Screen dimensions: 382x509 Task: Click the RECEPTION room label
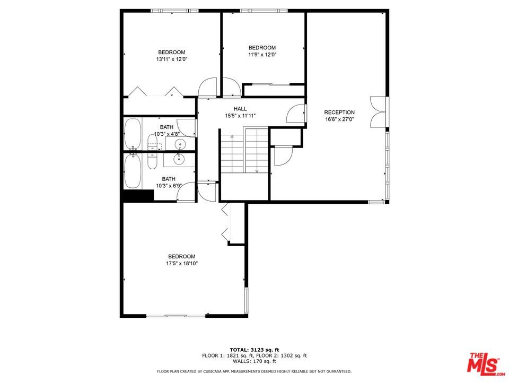coord(339,112)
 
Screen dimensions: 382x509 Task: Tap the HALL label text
coord(240,109)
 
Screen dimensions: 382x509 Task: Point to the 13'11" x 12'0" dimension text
coord(172,59)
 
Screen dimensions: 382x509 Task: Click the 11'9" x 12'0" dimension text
coord(262,55)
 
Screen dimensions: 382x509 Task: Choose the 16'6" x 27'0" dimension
coord(339,119)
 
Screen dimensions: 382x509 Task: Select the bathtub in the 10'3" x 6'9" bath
coord(133,171)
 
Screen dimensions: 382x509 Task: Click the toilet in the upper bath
coord(153,143)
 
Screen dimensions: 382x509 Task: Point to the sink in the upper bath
coord(179,144)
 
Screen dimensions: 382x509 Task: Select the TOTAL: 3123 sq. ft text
coord(254,350)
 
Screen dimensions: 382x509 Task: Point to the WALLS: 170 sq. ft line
coord(254,361)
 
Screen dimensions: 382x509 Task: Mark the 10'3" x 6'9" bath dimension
coord(169,186)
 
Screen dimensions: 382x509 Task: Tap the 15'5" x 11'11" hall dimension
coord(240,116)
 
